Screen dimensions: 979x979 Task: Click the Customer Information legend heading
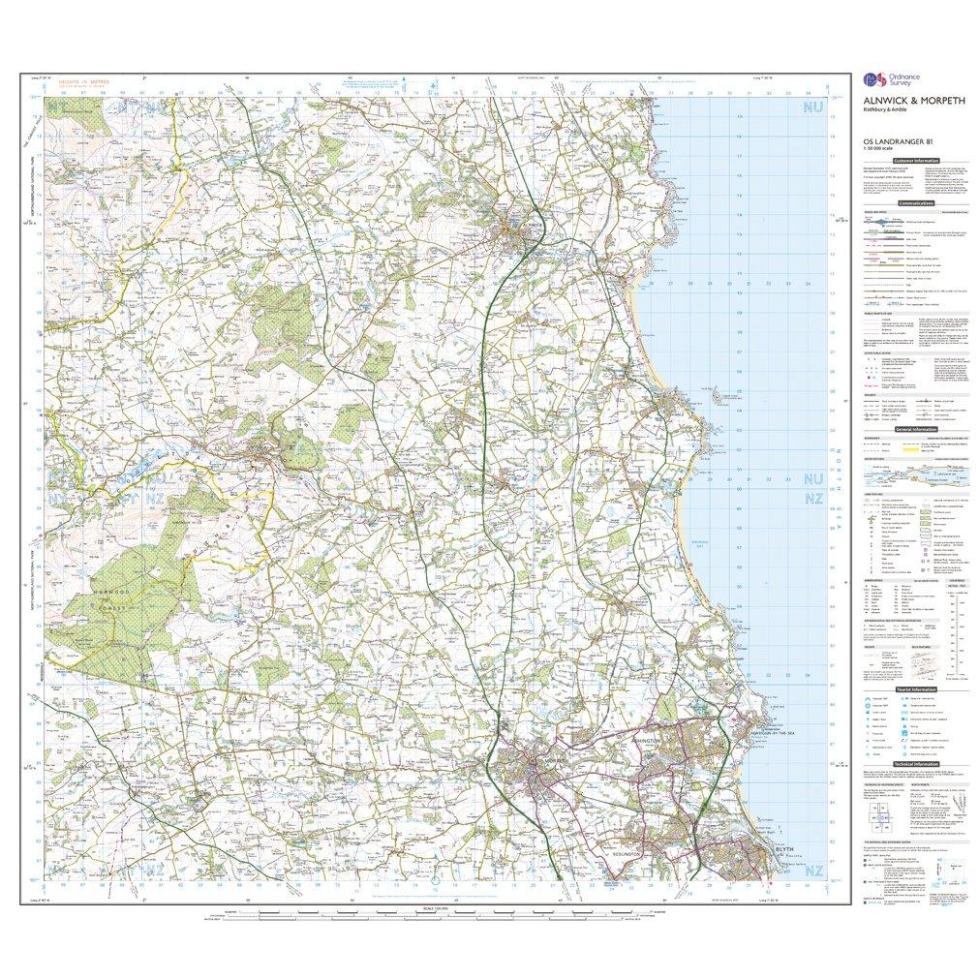point(916,161)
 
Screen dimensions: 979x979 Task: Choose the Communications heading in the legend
point(916,203)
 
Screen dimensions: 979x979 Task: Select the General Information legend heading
point(916,429)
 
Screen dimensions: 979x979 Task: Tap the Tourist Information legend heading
point(916,689)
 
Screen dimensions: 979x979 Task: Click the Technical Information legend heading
point(916,764)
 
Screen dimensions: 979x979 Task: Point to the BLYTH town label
point(788,853)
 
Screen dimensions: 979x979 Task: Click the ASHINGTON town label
point(646,739)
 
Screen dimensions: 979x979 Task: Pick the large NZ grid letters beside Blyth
point(811,872)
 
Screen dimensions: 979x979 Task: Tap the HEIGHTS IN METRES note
point(80,84)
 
